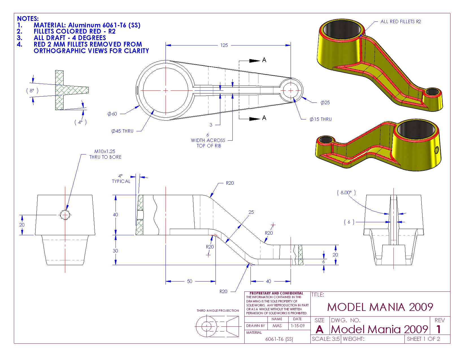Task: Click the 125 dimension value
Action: pyautogui.click(x=224, y=45)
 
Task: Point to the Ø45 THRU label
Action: pyautogui.click(x=122, y=131)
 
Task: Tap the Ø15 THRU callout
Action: pyautogui.click(x=321, y=119)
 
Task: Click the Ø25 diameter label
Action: pyautogui.click(x=325, y=102)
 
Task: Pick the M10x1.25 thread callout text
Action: pyautogui.click(x=105, y=151)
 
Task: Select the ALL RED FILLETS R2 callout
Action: pyautogui.click(x=401, y=21)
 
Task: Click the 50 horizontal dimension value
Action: pyautogui.click(x=190, y=281)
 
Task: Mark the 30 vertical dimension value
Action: pyautogui.click(x=115, y=251)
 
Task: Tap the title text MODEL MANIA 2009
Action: pyautogui.click(x=380, y=307)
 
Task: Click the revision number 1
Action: pyautogui.click(x=438, y=329)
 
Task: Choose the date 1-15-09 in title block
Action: pyautogui.click(x=297, y=326)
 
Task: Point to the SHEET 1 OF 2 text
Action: pyautogui.click(x=423, y=339)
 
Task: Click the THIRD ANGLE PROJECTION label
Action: pyautogui.click(x=218, y=311)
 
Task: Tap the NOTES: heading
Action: pyautogui.click(x=28, y=19)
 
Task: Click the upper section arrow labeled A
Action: pyautogui.click(x=264, y=60)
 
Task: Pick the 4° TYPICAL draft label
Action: pyautogui.click(x=121, y=179)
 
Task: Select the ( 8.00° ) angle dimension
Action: pyautogui.click(x=346, y=193)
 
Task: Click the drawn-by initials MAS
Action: pyautogui.click(x=277, y=326)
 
